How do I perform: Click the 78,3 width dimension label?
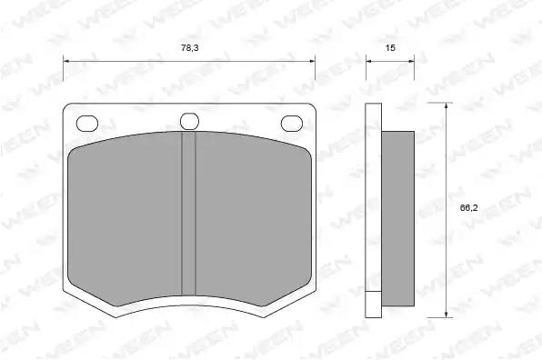pos(190,47)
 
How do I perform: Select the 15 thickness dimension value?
pos(390,47)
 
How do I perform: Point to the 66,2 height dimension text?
pos(468,207)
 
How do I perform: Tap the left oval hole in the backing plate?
pos(87,124)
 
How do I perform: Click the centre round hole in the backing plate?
pos(189,121)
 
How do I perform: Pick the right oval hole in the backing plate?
pos(292,124)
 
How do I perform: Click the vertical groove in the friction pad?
pos(189,214)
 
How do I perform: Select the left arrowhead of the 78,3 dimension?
pos(66,61)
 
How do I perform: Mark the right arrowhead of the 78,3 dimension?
pos(312,61)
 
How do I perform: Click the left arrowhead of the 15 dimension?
pos(369,61)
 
